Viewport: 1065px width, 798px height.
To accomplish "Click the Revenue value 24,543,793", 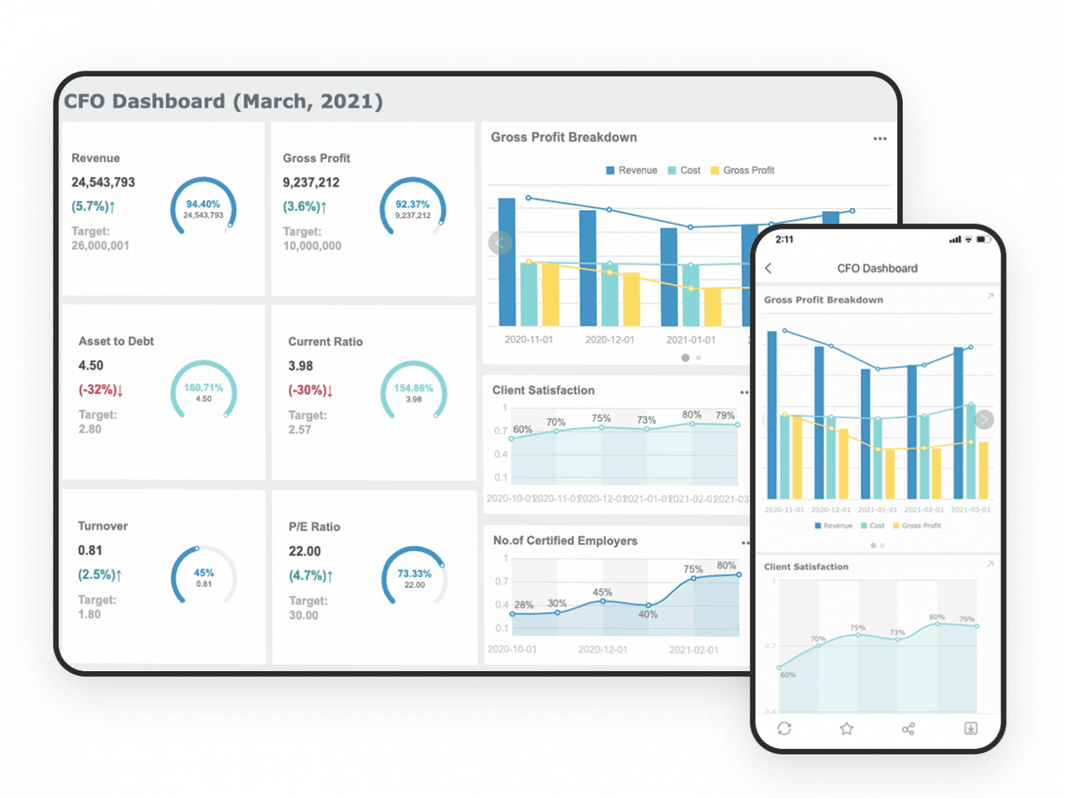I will (x=103, y=182).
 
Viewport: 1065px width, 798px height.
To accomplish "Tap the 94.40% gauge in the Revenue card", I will (x=203, y=208).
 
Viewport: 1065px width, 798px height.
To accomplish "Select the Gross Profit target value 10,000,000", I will (x=312, y=246).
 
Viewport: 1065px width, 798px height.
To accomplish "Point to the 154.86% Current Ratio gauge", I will (x=413, y=392).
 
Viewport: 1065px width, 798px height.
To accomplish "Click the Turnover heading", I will (x=103, y=526).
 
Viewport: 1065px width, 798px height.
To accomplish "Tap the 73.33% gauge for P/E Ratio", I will (x=414, y=578).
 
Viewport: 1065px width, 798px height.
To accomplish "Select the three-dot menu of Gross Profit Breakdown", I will (x=880, y=139).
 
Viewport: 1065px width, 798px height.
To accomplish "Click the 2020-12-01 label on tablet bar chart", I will (x=609, y=340).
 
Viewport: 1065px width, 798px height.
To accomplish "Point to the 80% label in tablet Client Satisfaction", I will (x=691, y=415).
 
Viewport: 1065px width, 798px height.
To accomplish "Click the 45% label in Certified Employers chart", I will (x=602, y=592).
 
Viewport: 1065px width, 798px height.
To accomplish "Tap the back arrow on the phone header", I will (x=768, y=268).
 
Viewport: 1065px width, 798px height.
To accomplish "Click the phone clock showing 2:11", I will (x=784, y=239).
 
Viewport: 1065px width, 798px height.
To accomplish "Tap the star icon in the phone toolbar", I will (x=847, y=729).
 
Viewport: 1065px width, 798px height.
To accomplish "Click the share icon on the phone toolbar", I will (x=908, y=729).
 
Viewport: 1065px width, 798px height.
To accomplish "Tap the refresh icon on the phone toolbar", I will (x=784, y=729).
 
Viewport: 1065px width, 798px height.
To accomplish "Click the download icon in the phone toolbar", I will (x=971, y=729).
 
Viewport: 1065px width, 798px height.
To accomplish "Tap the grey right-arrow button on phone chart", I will (x=984, y=419).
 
